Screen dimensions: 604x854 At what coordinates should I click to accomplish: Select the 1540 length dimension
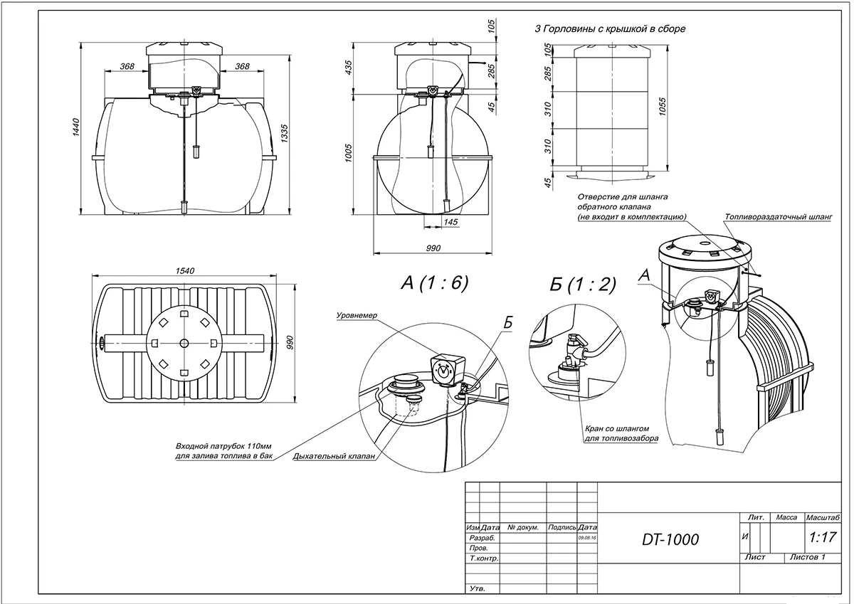pyautogui.click(x=186, y=271)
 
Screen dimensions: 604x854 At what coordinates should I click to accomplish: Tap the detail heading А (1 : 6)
pyautogui.click(x=435, y=283)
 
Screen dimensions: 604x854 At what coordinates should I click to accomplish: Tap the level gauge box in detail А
pyautogui.click(x=444, y=369)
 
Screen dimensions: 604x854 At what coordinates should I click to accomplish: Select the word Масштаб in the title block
pyautogui.click(x=822, y=518)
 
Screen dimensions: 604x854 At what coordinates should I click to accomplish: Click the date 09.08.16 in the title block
pyautogui.click(x=587, y=539)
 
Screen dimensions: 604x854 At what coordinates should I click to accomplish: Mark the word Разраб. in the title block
pyautogui.click(x=482, y=539)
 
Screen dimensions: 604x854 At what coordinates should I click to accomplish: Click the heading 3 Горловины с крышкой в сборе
pyautogui.click(x=609, y=29)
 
